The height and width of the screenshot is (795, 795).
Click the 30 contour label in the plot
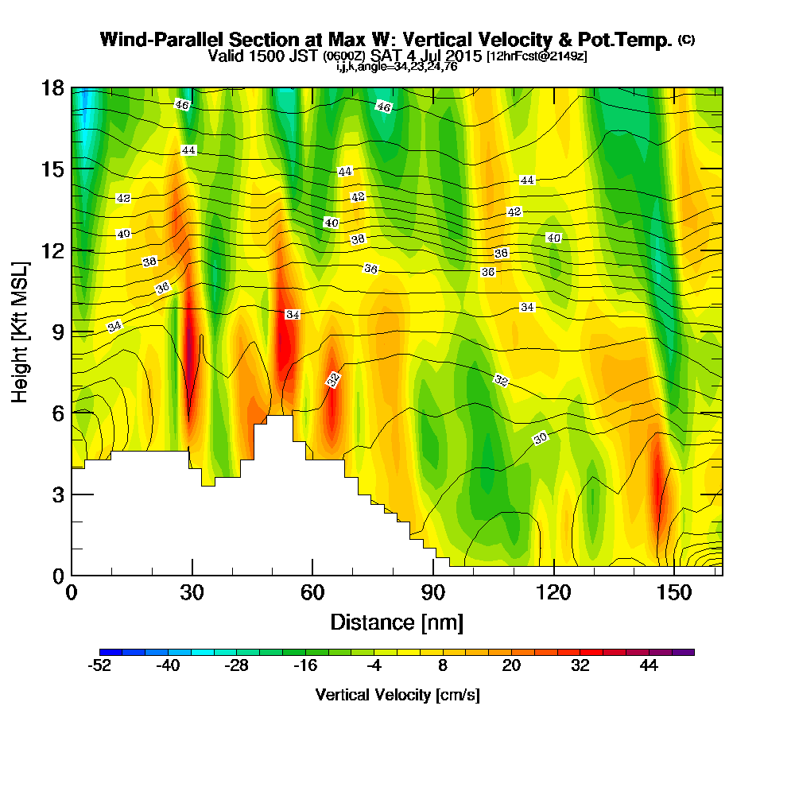tap(541, 438)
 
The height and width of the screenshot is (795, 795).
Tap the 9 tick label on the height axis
tap(53, 331)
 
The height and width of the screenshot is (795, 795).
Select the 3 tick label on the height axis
tap(53, 494)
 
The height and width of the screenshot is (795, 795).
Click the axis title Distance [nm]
tap(397, 622)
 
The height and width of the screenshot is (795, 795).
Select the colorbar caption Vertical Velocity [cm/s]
tap(397, 695)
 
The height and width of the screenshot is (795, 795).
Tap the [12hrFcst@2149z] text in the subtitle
tap(537, 57)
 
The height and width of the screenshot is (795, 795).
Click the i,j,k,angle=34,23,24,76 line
tap(397, 67)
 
